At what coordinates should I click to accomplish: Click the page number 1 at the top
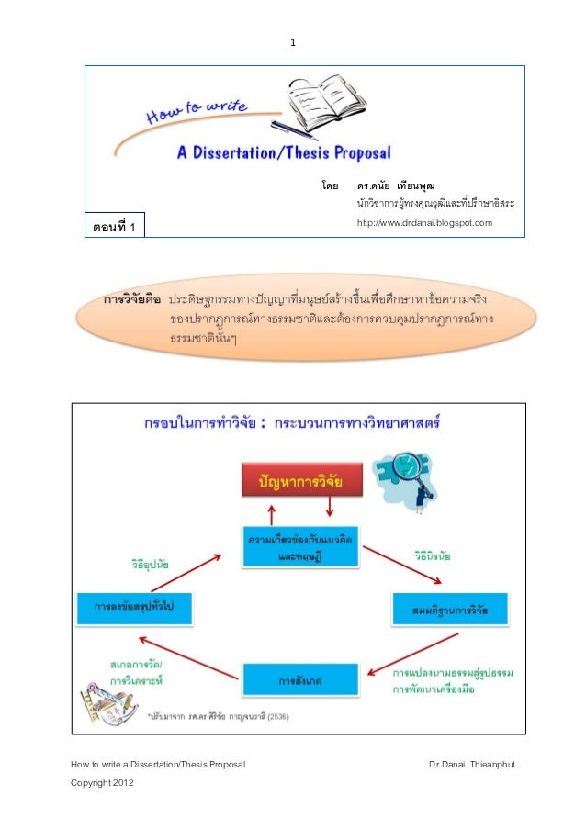[x=292, y=43]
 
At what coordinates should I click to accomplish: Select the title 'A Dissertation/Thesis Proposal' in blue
[x=284, y=152]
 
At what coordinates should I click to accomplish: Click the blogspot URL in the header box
[x=424, y=223]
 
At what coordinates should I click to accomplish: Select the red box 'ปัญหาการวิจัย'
[x=300, y=478]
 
